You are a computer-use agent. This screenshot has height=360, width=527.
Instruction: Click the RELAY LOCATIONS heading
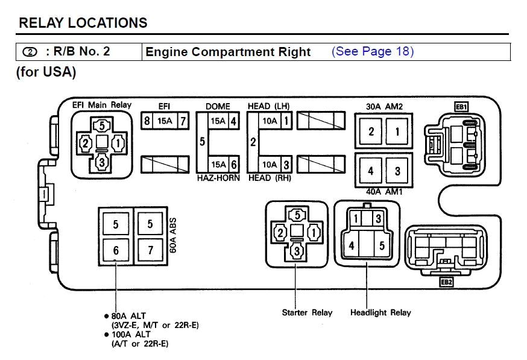pos(83,23)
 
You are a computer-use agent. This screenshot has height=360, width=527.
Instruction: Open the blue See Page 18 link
pos(372,51)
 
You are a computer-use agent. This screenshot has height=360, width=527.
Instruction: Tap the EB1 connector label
pos(462,107)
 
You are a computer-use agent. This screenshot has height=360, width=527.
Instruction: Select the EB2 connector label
pos(446,282)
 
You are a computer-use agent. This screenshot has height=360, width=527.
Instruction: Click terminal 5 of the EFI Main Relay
pos(101,126)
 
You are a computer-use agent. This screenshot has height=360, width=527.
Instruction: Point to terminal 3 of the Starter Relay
pos(295,252)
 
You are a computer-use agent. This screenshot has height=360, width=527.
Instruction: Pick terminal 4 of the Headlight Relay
pos(352,246)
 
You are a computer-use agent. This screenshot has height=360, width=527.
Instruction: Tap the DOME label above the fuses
pos(218,107)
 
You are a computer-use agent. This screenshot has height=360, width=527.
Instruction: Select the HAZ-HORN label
pos(218,178)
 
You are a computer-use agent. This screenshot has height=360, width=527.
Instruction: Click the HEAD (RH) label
pos(268,178)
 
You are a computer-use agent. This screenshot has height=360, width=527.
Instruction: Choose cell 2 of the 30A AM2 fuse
pos(371,131)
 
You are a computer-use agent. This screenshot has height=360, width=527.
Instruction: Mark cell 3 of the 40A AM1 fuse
pos(397,171)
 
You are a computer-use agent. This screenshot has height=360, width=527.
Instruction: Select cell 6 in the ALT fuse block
pos(116,250)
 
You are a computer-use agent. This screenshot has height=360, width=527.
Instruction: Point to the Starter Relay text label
pos(307,312)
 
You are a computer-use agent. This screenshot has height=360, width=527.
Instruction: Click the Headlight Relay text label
pos(380,312)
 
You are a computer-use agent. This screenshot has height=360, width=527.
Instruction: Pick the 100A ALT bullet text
pos(130,334)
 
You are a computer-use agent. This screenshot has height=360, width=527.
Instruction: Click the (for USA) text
pos(46,72)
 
